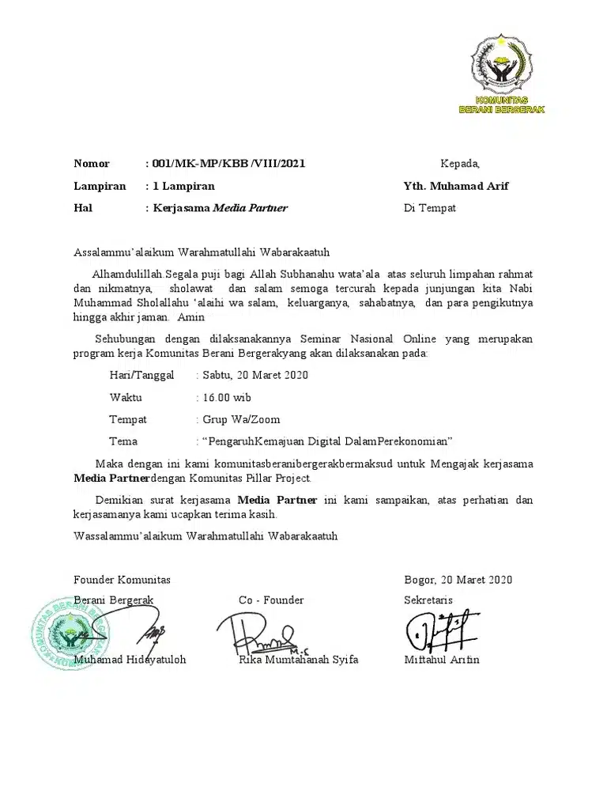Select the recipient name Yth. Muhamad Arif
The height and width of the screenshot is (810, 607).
(456, 186)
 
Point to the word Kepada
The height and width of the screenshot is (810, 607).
(459, 164)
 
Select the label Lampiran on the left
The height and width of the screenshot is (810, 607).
(100, 186)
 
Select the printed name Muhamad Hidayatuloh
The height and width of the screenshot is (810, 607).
(130, 660)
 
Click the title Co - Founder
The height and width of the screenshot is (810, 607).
(271, 600)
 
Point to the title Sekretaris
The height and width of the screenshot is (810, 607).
(428, 600)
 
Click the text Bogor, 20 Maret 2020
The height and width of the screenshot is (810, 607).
(458, 580)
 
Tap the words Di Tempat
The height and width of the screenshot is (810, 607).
(429, 208)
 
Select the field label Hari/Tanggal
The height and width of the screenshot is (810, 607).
(141, 375)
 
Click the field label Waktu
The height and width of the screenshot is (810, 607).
(126, 397)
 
